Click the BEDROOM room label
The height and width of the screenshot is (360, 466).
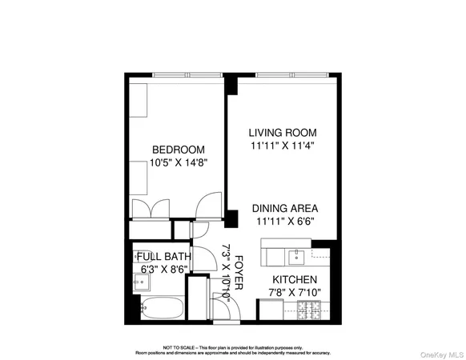click(179, 150)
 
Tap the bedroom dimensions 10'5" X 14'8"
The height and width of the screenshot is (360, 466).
click(179, 162)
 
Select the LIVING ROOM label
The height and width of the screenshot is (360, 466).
click(283, 133)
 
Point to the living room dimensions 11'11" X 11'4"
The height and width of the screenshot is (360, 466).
click(283, 146)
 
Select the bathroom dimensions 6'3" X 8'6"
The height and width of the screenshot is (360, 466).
click(163, 270)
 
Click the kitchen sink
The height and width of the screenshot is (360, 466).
click(296, 256)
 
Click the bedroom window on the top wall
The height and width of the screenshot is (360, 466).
click(187, 76)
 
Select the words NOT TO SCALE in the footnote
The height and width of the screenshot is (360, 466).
click(178, 348)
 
